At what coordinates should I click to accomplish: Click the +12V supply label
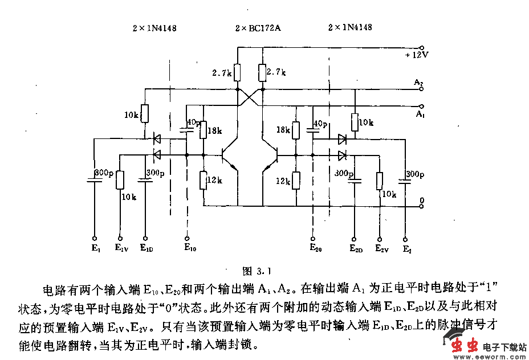click(x=417, y=55)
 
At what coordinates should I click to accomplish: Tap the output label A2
click(x=419, y=83)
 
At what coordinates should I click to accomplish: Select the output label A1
click(x=420, y=114)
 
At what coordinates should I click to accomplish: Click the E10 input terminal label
click(x=190, y=247)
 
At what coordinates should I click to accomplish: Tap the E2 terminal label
click(x=406, y=248)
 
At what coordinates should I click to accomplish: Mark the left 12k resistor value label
click(x=214, y=181)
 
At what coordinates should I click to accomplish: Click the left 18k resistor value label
click(x=215, y=131)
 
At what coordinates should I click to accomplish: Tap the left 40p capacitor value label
click(x=193, y=122)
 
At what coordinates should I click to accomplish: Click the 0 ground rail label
click(x=421, y=201)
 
